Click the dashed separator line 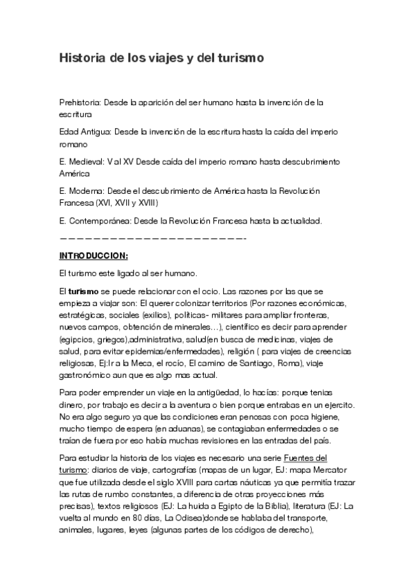pyautogui.click(x=153, y=238)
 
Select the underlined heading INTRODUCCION pyautogui.click(x=94, y=255)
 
